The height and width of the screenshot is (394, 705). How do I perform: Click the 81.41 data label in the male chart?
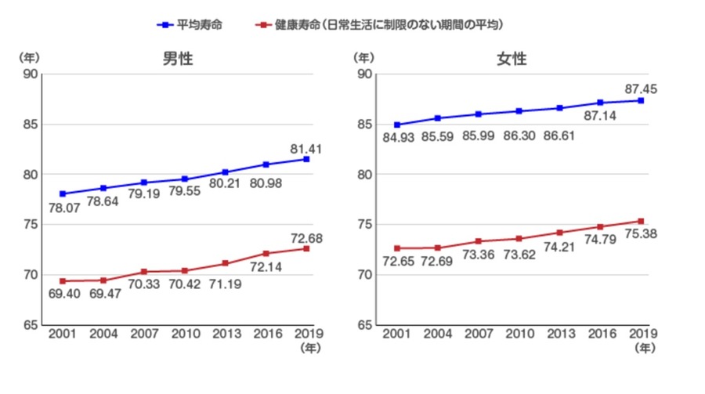pos(306,148)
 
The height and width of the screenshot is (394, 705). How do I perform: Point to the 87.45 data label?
pos(640,89)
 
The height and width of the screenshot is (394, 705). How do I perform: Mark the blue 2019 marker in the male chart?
pos(306,159)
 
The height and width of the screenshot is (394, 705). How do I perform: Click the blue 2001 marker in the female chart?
pos(398,125)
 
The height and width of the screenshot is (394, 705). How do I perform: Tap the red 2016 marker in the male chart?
pos(266,253)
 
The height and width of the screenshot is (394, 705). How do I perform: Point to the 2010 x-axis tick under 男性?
pos(184,334)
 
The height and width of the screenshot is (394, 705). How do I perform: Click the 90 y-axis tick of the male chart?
pos(31,74)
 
